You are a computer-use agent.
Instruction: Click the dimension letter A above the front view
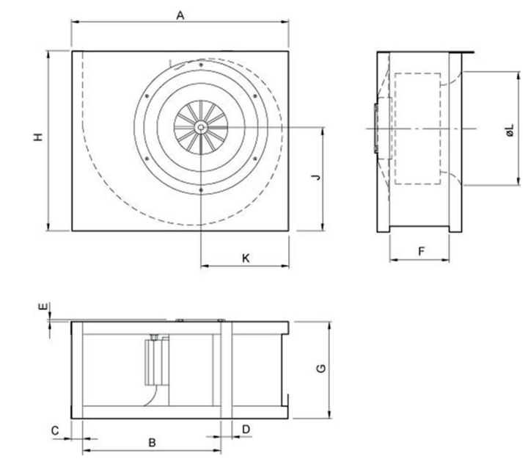click(x=181, y=15)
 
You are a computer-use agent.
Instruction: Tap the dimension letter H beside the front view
click(x=39, y=137)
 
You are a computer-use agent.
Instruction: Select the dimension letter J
click(x=316, y=177)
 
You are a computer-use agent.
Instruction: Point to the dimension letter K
click(x=246, y=259)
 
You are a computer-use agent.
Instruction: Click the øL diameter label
click(x=510, y=130)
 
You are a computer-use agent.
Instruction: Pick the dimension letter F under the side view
click(x=421, y=252)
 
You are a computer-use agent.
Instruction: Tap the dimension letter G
click(x=322, y=368)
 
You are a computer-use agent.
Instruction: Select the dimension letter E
click(x=43, y=306)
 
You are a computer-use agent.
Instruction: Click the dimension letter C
click(x=55, y=430)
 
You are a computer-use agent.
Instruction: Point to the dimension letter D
click(x=246, y=430)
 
